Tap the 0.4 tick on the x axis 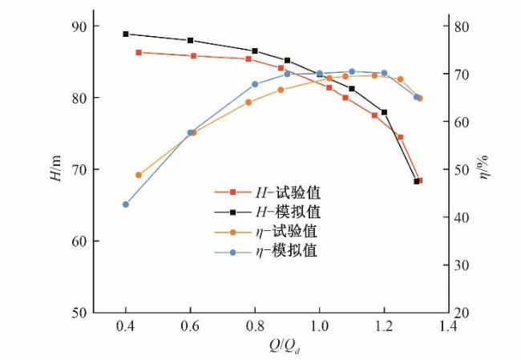(125, 327)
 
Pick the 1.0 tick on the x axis (319, 327)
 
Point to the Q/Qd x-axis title (286, 347)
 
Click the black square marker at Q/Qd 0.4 (126, 34)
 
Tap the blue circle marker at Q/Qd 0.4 (126, 204)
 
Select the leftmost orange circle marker (139, 175)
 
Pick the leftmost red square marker (139, 52)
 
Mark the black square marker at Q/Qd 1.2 (385, 112)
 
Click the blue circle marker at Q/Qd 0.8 (255, 84)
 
